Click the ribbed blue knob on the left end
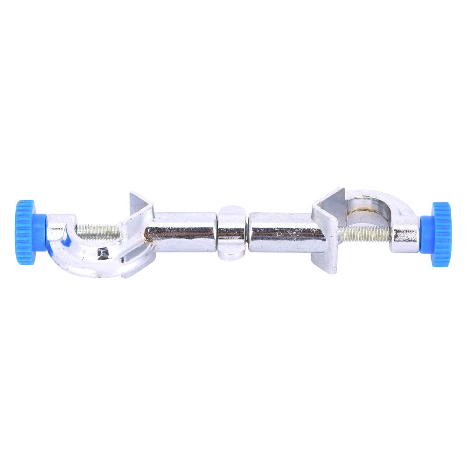(x=25, y=232)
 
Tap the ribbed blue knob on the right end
(x=441, y=234)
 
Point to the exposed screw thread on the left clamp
(x=98, y=230)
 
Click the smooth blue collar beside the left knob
(x=41, y=232)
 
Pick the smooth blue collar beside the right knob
(x=425, y=235)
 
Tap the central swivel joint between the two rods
(x=232, y=232)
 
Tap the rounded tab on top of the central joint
(x=232, y=209)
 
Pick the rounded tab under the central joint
(x=232, y=254)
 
